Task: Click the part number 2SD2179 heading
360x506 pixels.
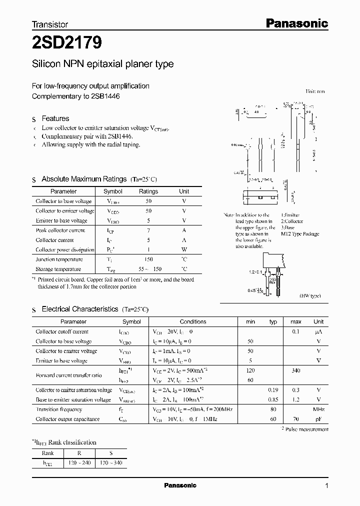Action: point(67,43)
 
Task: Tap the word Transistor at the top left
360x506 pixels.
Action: point(50,24)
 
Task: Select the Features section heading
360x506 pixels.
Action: point(55,118)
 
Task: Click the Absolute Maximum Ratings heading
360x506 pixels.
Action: point(84,179)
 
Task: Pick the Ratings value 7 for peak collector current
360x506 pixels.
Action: point(148,230)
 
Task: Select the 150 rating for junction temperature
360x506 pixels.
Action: point(148,259)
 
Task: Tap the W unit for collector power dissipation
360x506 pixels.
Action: point(184,250)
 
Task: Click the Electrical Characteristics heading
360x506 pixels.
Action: point(80,309)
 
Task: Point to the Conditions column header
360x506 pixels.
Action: point(193,321)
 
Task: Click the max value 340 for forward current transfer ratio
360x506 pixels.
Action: point(296,370)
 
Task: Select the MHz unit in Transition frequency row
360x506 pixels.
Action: point(318,409)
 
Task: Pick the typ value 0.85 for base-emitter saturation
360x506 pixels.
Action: point(273,399)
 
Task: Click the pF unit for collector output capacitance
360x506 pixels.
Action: point(318,419)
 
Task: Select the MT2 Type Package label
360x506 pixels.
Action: point(299,234)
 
